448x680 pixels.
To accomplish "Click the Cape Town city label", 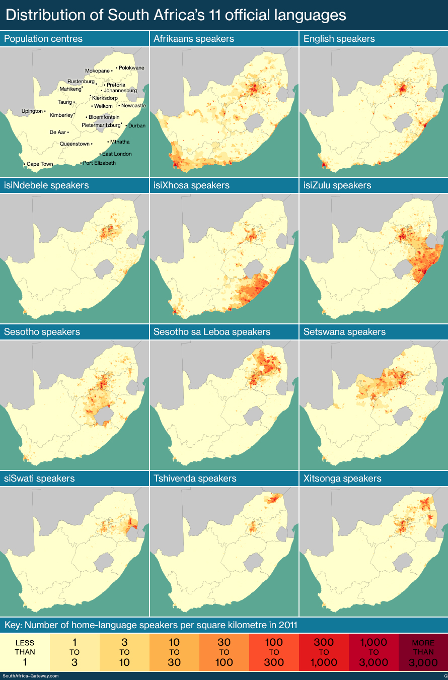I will [x=40, y=164].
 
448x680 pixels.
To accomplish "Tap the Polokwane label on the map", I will [x=131, y=67].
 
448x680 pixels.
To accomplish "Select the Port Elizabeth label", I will [x=99, y=163].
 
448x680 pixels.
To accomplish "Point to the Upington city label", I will [x=32, y=111].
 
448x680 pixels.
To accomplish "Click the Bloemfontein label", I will [x=104, y=117].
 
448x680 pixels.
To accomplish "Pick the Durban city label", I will [x=136, y=125].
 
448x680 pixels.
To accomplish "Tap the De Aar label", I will [x=57, y=132].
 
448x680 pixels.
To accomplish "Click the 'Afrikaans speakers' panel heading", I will [x=194, y=39].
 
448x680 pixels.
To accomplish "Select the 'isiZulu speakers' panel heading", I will [x=337, y=185].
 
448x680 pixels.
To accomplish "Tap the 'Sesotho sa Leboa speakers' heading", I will [x=212, y=332].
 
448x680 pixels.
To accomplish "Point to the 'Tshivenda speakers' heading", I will [x=195, y=478].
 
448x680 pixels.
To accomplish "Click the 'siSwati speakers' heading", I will [x=39, y=478].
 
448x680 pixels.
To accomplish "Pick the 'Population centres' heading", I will [x=43, y=39].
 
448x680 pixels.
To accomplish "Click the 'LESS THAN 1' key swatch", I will [x=25, y=652].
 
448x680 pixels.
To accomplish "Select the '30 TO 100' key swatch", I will [x=224, y=652].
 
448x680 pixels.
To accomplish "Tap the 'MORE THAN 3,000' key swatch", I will [x=423, y=652].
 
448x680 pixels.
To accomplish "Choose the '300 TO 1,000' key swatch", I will [x=324, y=652].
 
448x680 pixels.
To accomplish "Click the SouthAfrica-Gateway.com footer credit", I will [x=31, y=676].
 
